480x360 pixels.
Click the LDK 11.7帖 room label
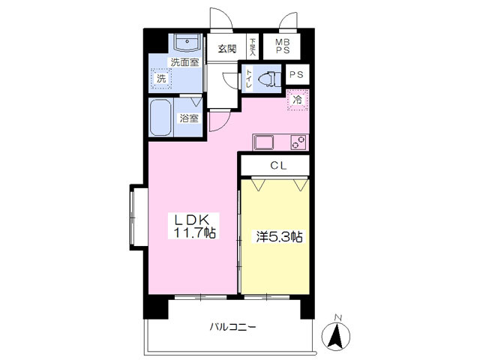point(195,226)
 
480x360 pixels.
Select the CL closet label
point(274,165)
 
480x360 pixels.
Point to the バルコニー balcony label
point(232,328)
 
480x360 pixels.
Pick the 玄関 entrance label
point(227,49)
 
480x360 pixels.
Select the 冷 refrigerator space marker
point(298,99)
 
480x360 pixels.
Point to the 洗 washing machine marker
point(161,78)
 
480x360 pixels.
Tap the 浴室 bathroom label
point(189,118)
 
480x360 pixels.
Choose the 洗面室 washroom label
point(184,62)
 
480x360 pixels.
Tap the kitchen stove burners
point(298,141)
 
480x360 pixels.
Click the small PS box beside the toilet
point(297,74)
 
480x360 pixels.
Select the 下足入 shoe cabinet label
point(253,47)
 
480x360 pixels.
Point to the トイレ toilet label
point(247,76)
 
